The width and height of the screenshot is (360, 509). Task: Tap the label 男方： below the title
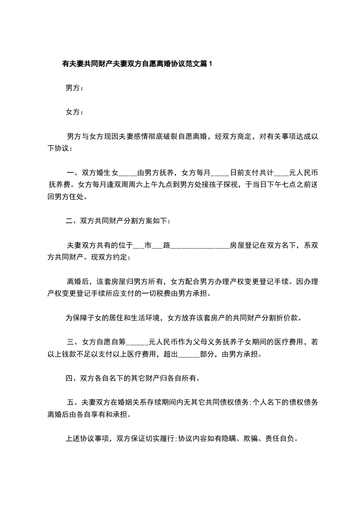click(74, 88)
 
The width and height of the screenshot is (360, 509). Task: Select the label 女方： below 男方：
click(74, 112)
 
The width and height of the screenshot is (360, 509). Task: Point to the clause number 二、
click(73, 221)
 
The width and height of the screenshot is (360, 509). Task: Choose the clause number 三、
click(74, 342)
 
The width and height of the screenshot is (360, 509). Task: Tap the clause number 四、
click(73, 378)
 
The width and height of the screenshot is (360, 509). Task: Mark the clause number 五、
click(74, 402)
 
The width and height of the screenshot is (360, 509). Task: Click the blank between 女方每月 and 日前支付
click(221, 173)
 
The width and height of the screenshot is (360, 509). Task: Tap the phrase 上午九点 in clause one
click(164, 185)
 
